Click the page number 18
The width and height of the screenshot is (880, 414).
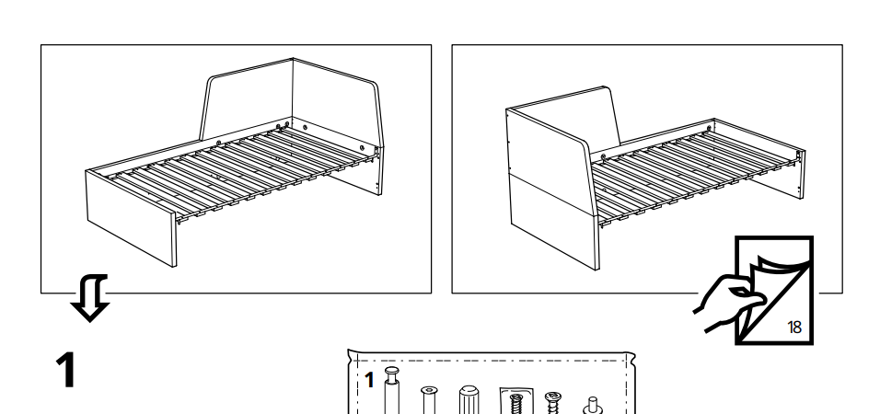[794, 327]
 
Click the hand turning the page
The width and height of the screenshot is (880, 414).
[727, 303]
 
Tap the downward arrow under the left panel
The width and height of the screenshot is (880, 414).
[90, 297]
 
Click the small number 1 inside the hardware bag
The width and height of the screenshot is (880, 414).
[369, 381]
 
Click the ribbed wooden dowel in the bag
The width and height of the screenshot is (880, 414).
[469, 399]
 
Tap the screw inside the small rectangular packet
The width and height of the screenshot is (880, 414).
[515, 404]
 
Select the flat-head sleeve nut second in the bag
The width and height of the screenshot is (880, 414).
[429, 400]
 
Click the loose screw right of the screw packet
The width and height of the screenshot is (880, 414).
[552, 403]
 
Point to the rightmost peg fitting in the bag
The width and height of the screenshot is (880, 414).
[593, 406]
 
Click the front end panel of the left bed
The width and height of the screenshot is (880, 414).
[131, 218]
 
